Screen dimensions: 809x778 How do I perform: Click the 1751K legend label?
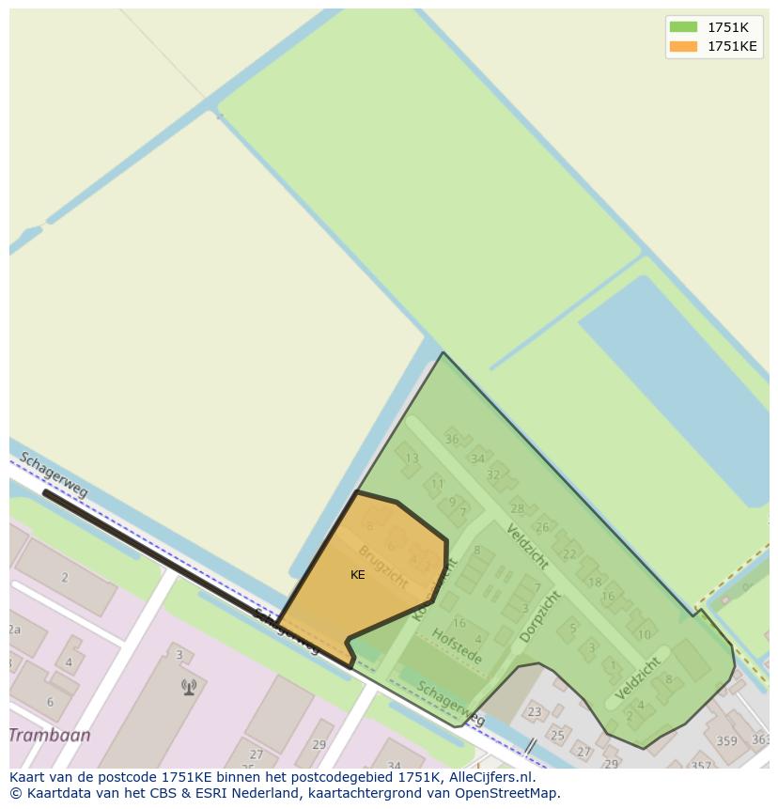coord(727,27)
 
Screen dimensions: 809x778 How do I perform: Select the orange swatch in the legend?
coord(683,46)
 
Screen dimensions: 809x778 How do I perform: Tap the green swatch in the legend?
coord(683,27)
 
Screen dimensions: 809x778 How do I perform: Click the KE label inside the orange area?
coord(358,574)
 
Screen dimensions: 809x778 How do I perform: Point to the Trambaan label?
coord(50,735)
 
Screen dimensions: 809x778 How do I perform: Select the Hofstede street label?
coord(458,646)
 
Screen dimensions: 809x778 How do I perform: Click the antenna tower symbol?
coord(189,687)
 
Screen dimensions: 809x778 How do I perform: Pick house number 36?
coord(452,439)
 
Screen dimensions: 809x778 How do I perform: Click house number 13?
coord(412,459)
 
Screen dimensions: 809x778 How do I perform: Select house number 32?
coord(493,475)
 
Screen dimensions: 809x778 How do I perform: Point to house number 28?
coord(517,509)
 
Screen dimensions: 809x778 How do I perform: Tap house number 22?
coord(568,554)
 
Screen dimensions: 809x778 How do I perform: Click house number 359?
coord(726,740)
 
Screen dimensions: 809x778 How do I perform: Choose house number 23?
coord(534,712)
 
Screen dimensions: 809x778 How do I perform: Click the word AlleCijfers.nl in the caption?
coord(490,777)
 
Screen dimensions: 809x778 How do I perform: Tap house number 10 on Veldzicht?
coord(644,634)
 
